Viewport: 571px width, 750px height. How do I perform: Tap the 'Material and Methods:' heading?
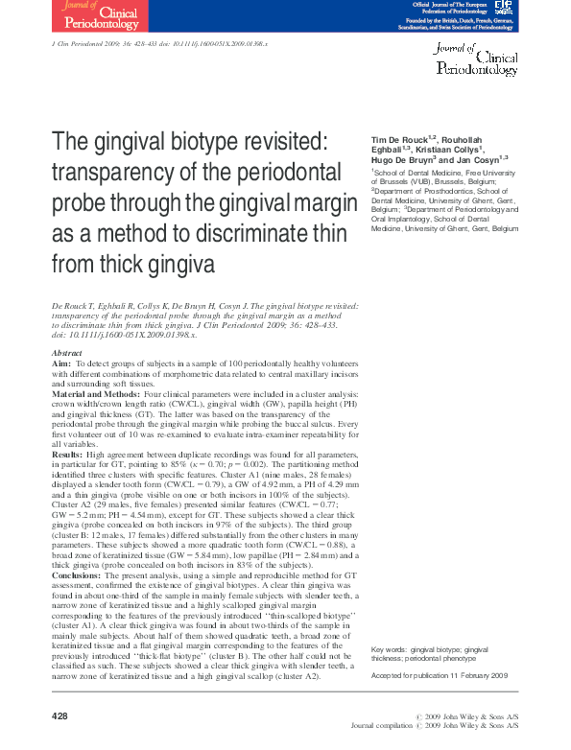[x=94, y=395]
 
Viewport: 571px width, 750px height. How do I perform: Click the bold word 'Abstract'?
[x=66, y=355]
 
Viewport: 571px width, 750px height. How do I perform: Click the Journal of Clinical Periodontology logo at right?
[x=477, y=59]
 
